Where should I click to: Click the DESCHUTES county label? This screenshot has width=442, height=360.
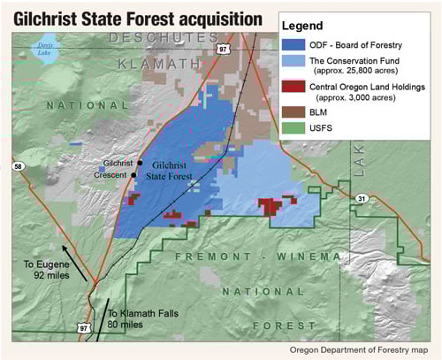(164, 38)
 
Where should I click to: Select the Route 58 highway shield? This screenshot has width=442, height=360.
(18, 165)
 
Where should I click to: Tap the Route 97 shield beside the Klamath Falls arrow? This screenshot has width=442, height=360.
(86, 328)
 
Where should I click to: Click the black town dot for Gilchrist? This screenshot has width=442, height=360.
(140, 164)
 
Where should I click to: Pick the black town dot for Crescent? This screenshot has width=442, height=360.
(133, 175)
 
